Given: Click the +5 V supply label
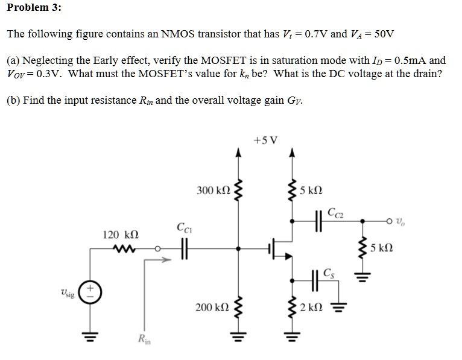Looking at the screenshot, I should [x=265, y=141].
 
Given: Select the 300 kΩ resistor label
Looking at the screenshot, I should [x=213, y=191].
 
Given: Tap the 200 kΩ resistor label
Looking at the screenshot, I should [x=212, y=308].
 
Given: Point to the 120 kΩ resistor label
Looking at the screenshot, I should [x=121, y=233].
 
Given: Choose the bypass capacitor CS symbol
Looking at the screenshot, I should [x=317, y=279].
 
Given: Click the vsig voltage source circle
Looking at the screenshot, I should [x=91, y=292].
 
